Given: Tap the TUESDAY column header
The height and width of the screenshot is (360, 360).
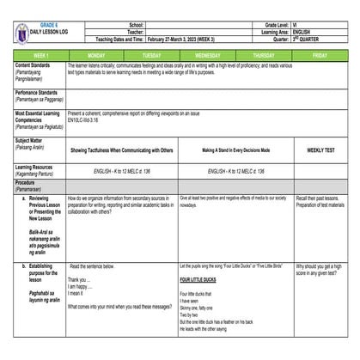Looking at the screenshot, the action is (x=149, y=54).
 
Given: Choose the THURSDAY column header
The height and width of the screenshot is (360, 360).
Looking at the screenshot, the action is (x=263, y=54).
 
